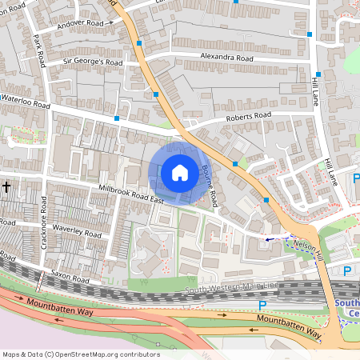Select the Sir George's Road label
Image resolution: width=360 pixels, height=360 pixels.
tap(93, 62)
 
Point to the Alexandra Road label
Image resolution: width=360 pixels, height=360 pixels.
tap(228, 59)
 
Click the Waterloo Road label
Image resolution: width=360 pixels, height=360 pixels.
tap(26, 106)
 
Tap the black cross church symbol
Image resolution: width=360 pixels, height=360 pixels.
tap(6, 186)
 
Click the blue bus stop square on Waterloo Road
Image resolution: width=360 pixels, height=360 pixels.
tap(117, 118)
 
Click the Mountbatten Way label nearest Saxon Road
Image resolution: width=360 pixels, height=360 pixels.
tap(60, 310)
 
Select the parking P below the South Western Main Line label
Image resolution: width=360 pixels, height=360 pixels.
tap(262, 305)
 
